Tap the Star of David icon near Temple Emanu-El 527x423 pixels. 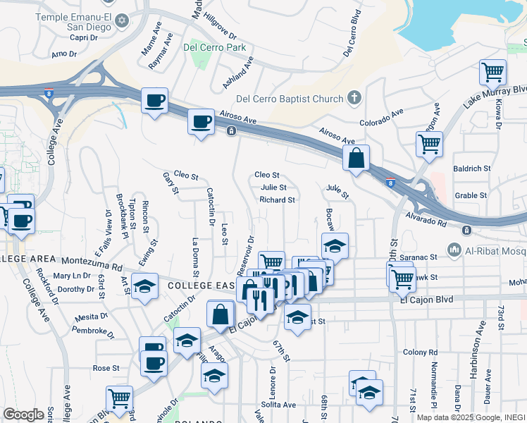123,19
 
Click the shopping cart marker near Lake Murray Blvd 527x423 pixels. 492,72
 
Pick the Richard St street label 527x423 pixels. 277,200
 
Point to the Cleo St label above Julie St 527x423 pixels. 267,175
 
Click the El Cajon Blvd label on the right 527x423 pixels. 424,300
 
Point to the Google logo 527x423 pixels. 23,415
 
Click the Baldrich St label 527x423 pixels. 472,169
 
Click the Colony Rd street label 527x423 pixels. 416,352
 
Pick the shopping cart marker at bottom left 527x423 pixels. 119,399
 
